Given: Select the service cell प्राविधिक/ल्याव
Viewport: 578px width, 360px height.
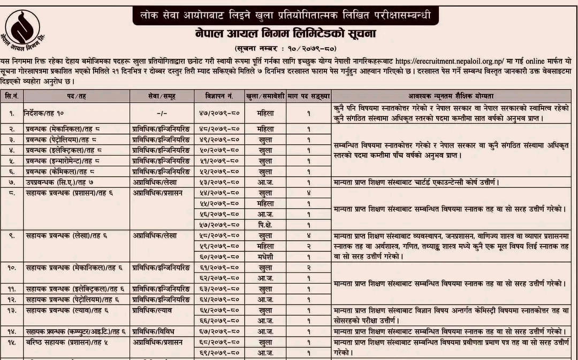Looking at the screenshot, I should click(x=153, y=310).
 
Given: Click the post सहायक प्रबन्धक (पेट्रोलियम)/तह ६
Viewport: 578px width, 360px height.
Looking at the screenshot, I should click(x=72, y=299).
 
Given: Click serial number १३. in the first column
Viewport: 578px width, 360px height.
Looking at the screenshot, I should click(x=12, y=310).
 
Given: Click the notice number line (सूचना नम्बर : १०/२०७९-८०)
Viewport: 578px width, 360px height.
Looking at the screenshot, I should click(x=286, y=49).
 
